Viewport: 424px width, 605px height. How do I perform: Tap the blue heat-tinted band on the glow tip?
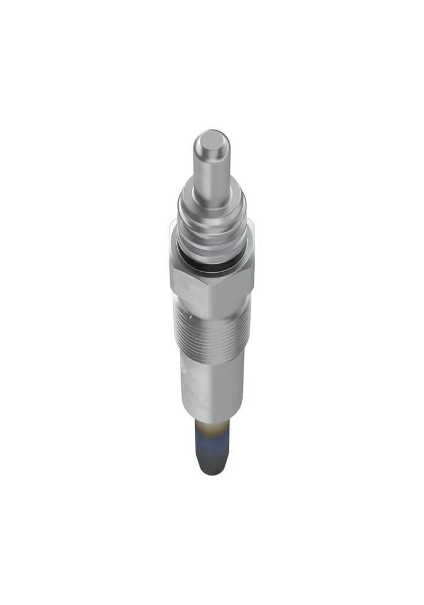click(x=213, y=442)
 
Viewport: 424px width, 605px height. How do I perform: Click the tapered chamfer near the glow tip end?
click(x=213, y=463)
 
